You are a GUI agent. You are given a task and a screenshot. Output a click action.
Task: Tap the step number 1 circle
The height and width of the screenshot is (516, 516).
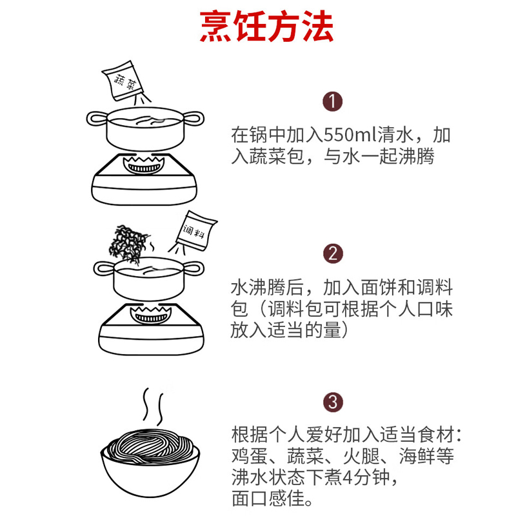332,101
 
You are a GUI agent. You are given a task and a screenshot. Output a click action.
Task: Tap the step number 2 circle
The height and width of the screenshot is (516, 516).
332,252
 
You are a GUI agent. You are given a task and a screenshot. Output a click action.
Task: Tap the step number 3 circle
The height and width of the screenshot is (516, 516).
332,403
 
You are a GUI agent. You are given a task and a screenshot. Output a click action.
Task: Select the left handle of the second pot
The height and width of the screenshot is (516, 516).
103,267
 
